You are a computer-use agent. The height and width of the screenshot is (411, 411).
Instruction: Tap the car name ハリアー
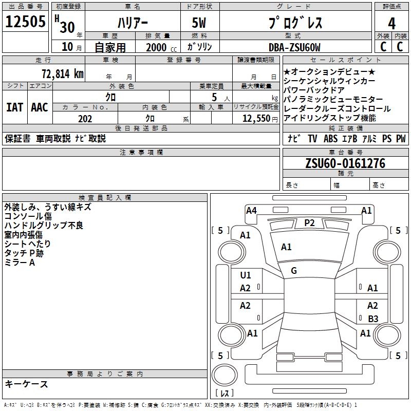coord(132,23)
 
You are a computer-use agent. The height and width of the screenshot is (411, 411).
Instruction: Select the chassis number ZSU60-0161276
coord(345,163)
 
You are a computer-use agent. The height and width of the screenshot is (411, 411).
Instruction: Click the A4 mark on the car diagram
coord(251,210)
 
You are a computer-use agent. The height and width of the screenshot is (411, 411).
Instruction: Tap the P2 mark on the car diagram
coord(309,222)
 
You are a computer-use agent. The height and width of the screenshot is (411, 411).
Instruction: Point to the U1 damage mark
coord(246,275)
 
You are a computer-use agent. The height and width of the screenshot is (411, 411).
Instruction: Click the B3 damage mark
coord(373,319)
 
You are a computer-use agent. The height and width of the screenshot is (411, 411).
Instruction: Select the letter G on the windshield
coord(294,271)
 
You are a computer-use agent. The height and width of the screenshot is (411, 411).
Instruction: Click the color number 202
coord(85,119)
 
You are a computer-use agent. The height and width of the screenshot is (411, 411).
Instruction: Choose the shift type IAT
coord(14,107)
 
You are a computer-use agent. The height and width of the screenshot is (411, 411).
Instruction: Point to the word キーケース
coord(26,384)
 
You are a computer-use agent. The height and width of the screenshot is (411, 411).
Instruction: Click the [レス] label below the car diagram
coord(225,393)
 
